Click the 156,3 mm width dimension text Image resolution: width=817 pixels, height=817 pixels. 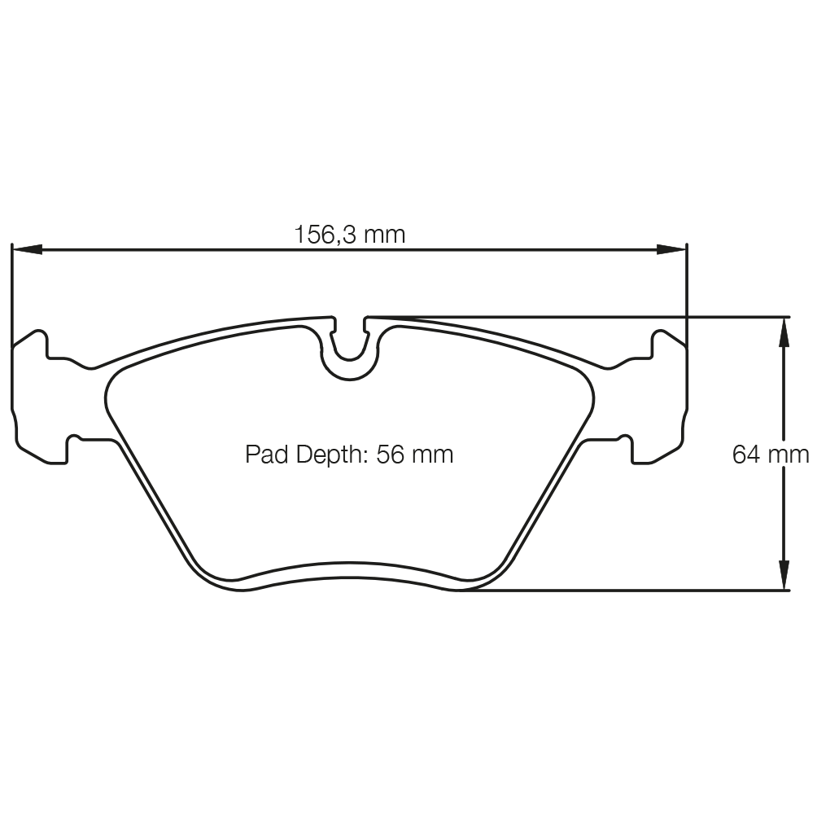(349, 235)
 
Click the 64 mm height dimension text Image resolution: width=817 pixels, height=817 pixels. (771, 454)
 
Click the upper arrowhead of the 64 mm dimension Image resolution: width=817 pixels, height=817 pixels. (784, 331)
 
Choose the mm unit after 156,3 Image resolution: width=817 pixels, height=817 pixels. (384, 235)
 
